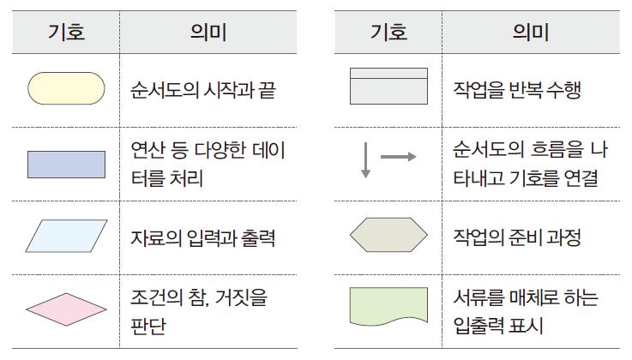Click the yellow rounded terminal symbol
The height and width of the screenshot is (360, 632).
[x=67, y=88]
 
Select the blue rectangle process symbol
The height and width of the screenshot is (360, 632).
[x=67, y=164]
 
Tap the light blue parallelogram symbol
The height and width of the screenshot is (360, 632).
[x=67, y=237]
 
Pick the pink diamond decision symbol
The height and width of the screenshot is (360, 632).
[x=67, y=309]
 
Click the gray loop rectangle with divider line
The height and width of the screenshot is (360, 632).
[x=388, y=87]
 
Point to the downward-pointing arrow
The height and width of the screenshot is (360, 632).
[x=365, y=161]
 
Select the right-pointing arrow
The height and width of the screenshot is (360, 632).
[x=398, y=157]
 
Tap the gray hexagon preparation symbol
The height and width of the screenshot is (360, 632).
[x=388, y=237]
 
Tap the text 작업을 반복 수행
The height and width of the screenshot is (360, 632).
[x=516, y=89]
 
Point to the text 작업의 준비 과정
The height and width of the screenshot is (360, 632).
[x=516, y=237]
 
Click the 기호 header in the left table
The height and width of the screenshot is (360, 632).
[x=66, y=33]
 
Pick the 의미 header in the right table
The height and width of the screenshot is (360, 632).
[x=530, y=33]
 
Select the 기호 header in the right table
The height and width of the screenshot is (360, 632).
[x=388, y=33]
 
